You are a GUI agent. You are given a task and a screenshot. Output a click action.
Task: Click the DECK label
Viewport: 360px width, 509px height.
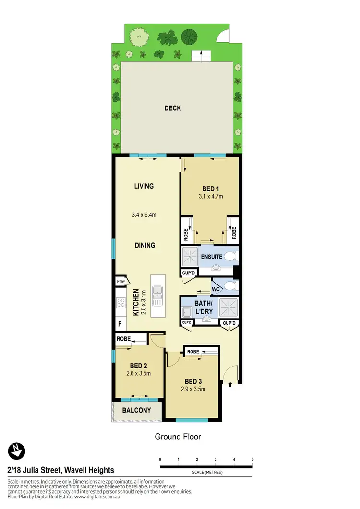click(172, 108)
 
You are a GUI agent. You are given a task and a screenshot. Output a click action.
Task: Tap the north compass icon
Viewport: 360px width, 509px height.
click(16, 451)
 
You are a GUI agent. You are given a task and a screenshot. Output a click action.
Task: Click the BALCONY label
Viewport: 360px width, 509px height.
click(136, 410)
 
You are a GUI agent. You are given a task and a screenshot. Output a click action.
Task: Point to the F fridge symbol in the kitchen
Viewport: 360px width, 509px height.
click(120, 324)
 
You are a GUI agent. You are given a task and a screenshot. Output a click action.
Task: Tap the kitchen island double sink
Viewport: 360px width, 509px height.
click(157, 296)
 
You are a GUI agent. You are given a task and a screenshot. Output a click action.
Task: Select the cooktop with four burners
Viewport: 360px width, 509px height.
click(120, 303)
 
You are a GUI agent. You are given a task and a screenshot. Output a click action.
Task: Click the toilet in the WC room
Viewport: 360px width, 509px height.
click(231, 286)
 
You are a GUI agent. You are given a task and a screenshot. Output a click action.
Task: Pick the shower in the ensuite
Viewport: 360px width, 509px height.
click(191, 257)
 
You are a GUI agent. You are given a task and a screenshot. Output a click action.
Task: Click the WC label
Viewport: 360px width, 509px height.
click(216, 289)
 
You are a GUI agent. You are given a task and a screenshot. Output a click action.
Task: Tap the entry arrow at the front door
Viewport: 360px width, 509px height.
click(231, 384)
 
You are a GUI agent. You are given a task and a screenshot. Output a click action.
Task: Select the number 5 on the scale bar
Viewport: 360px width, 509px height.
click(252, 459)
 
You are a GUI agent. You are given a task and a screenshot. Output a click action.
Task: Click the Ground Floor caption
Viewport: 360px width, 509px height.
click(178, 437)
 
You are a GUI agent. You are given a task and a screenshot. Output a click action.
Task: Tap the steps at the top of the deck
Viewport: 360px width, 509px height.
click(199, 56)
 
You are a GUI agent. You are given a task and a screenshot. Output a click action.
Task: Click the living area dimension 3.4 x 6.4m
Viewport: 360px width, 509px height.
click(144, 215)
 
